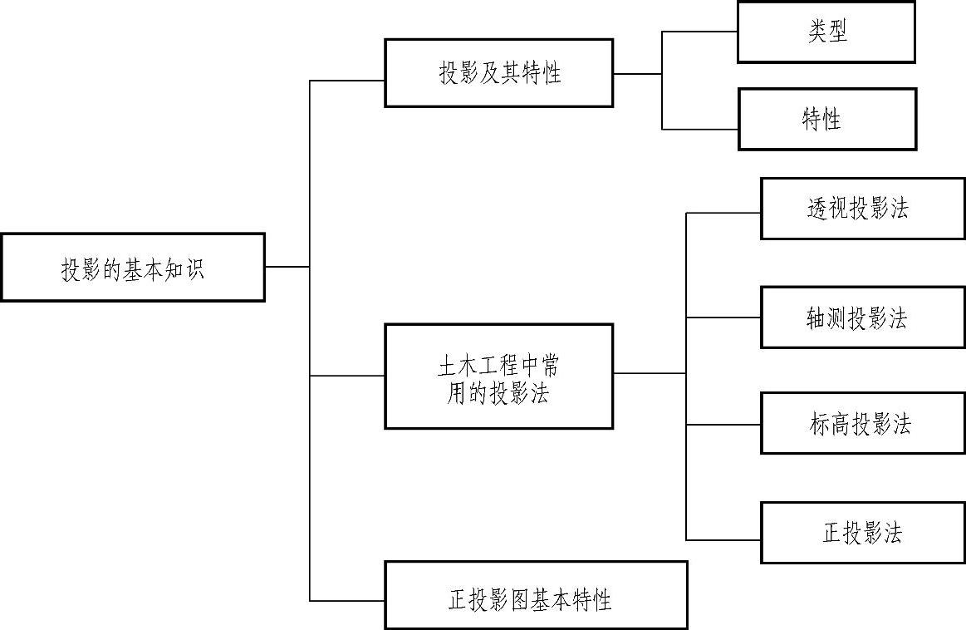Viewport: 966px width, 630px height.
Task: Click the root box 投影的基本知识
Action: coord(132,268)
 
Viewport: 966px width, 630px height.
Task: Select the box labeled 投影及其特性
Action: coord(498,73)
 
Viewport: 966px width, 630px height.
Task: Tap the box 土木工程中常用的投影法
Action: coord(498,377)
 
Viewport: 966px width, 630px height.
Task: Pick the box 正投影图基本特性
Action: coord(536,595)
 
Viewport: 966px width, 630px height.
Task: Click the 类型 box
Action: coord(826,32)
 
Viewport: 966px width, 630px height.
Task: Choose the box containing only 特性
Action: coord(826,120)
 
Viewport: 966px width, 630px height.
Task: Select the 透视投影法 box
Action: coord(862,209)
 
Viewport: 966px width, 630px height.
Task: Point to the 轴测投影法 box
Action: coord(862,317)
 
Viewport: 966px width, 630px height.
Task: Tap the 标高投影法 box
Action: coord(862,424)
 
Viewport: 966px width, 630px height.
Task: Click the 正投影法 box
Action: coord(862,533)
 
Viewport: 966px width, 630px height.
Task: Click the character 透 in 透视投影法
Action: coord(817,209)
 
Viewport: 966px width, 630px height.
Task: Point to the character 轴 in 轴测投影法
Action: coord(816,318)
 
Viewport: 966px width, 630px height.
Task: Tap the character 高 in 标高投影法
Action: coord(840,425)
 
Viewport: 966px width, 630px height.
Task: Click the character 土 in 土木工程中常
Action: coord(447,366)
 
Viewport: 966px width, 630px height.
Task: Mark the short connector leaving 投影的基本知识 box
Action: coord(287,267)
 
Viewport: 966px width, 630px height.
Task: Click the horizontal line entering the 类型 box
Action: coord(699,32)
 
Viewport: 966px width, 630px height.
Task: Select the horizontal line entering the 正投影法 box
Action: coord(723,540)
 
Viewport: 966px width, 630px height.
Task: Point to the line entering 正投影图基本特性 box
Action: coord(346,600)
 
